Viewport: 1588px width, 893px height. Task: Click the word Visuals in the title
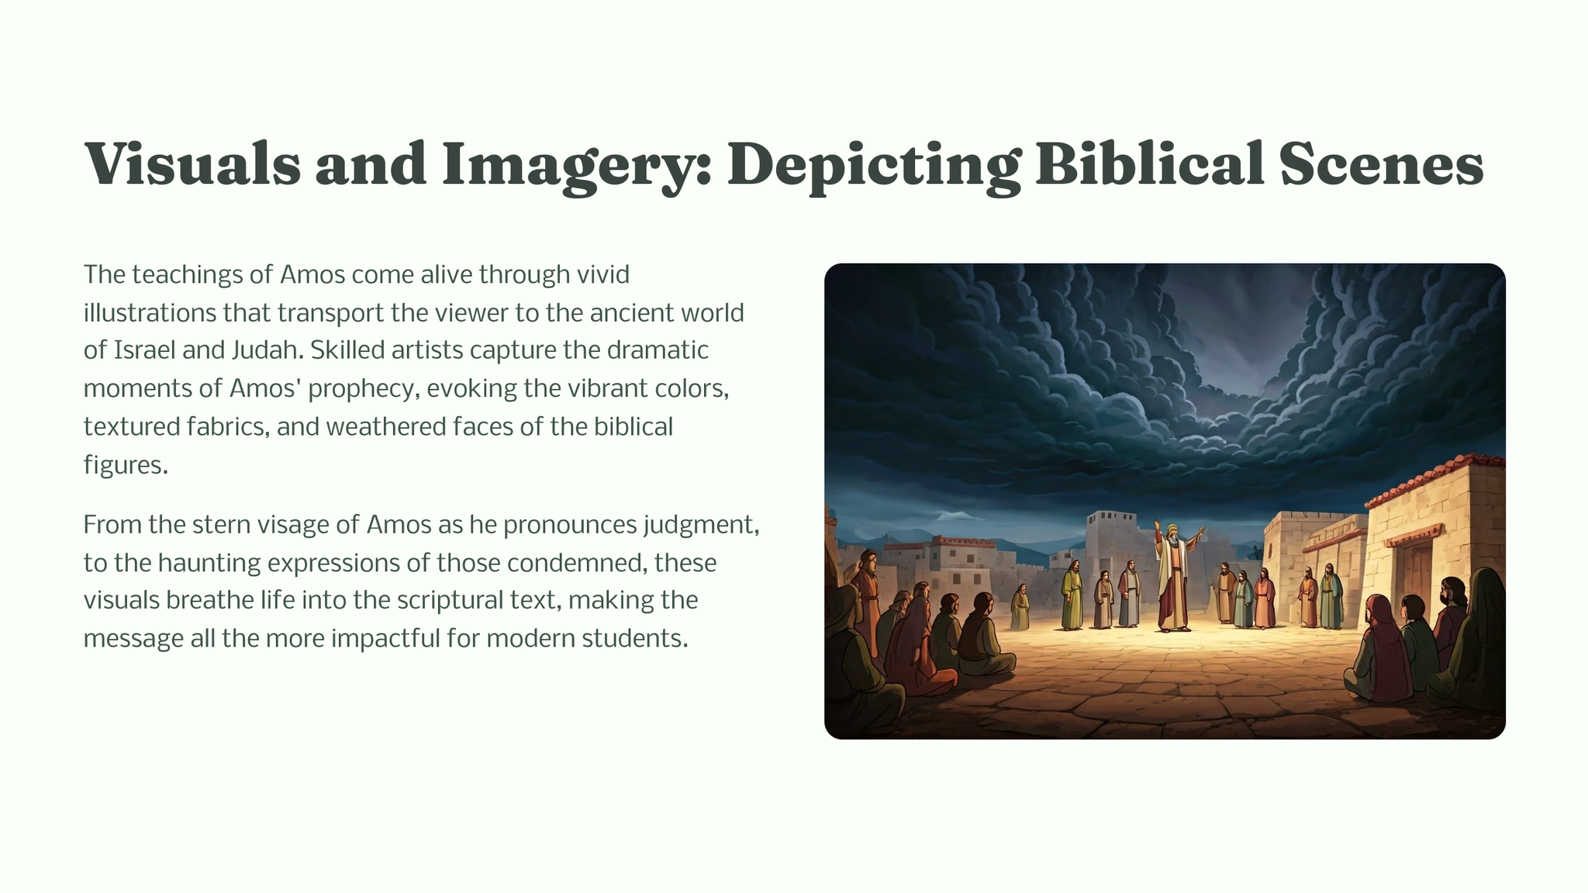pyautogui.click(x=192, y=164)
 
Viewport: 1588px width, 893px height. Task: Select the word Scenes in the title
pyautogui.click(x=1382, y=164)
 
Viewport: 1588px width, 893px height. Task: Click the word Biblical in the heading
pyautogui.click(x=1151, y=164)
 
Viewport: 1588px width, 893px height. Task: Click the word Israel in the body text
pyautogui.click(x=144, y=350)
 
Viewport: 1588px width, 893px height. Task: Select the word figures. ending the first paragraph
pyautogui.click(x=126, y=465)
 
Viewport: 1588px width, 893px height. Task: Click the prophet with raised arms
pyautogui.click(x=1173, y=577)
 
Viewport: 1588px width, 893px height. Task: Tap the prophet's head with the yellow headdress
pyautogui.click(x=1172, y=533)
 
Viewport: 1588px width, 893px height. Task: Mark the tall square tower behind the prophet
pyautogui.click(x=1113, y=543)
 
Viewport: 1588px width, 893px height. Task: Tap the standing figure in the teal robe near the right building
pyautogui.click(x=1331, y=597)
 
